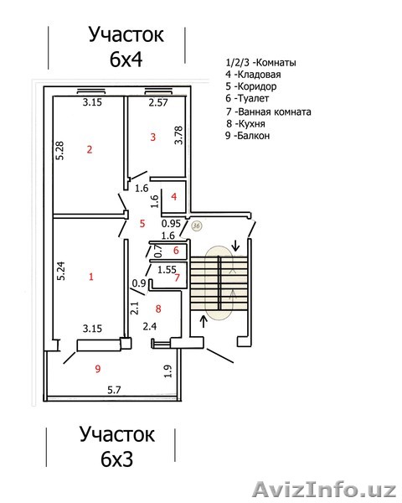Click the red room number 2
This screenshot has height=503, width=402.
click(88, 150)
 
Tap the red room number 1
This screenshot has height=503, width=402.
click(91, 276)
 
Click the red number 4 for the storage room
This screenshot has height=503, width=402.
click(173, 197)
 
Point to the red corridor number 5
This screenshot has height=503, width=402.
click(142, 223)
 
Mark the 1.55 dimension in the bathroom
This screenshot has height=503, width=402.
click(166, 269)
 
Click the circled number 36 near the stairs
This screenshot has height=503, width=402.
click(197, 225)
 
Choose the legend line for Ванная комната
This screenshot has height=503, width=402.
click(273, 111)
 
